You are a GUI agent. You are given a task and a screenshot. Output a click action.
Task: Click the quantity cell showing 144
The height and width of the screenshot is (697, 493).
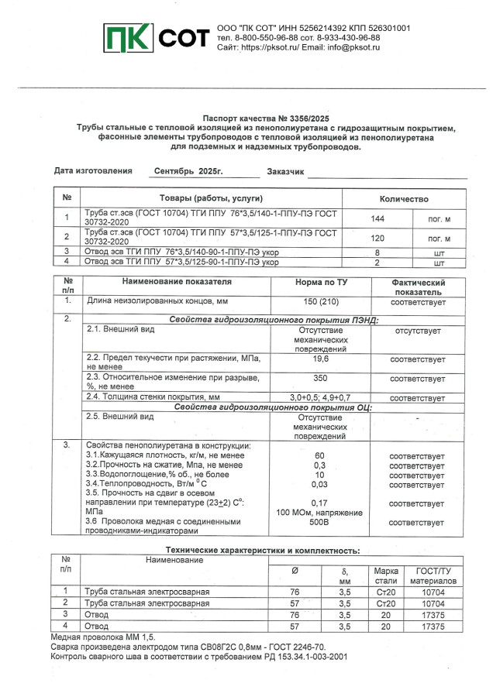pos(378,219)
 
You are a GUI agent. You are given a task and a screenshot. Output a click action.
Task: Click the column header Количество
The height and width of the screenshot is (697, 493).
pos(403,197)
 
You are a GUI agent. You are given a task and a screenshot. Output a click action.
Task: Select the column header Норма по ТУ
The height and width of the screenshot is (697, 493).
pos(321,283)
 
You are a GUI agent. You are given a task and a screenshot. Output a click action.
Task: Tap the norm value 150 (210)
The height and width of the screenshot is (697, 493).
pos(321,299)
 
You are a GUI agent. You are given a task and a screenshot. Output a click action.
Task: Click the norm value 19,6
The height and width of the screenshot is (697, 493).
pos(321,359)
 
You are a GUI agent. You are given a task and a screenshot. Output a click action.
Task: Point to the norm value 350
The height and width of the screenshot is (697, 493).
pos(321,379)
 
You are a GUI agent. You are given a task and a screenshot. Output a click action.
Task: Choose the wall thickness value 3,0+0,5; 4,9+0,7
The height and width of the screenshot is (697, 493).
pos(321,397)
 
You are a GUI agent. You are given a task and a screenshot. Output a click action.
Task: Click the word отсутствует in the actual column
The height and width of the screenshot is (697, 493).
pos(417,331)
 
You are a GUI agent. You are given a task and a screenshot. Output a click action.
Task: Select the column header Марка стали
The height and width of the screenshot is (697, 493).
pos(386,575)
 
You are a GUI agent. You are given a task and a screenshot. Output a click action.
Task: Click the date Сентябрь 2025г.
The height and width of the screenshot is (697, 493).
pos(188,170)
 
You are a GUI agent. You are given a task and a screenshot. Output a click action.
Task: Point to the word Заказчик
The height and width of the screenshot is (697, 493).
pos(285,171)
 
